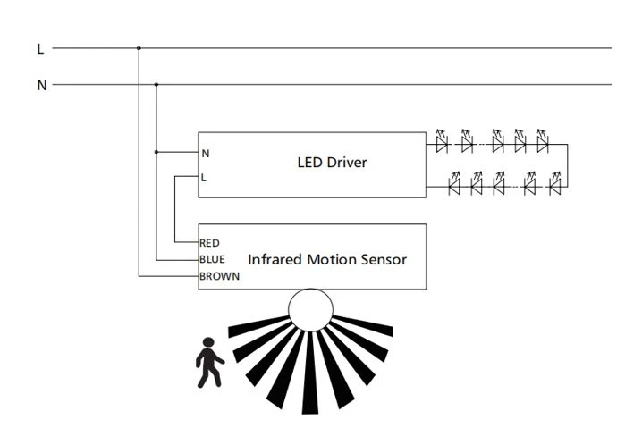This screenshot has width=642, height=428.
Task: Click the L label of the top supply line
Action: (x=40, y=48)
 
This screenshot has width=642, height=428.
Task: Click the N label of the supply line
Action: (x=42, y=85)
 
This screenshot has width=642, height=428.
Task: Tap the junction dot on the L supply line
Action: (x=139, y=48)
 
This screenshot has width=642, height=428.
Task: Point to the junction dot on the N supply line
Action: (x=156, y=85)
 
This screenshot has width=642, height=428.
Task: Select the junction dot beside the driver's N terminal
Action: (x=156, y=152)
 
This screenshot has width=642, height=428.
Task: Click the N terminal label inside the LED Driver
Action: (x=206, y=154)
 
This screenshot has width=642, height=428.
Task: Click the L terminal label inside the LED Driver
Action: (x=204, y=178)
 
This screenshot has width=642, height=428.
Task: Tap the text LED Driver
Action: (x=332, y=163)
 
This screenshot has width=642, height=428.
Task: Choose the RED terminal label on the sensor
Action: (x=209, y=243)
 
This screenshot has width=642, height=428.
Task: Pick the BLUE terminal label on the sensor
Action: (x=212, y=259)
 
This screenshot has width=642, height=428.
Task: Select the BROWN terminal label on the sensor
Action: (x=219, y=276)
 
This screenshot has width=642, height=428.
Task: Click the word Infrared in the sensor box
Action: (x=275, y=259)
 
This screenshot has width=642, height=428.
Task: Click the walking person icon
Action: (x=209, y=363)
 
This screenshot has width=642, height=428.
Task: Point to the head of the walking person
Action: (x=208, y=342)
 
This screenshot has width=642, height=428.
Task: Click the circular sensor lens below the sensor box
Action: (x=310, y=310)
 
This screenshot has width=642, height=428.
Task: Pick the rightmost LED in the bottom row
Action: (x=555, y=184)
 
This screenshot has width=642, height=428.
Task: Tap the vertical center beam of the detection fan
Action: (x=310, y=373)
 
